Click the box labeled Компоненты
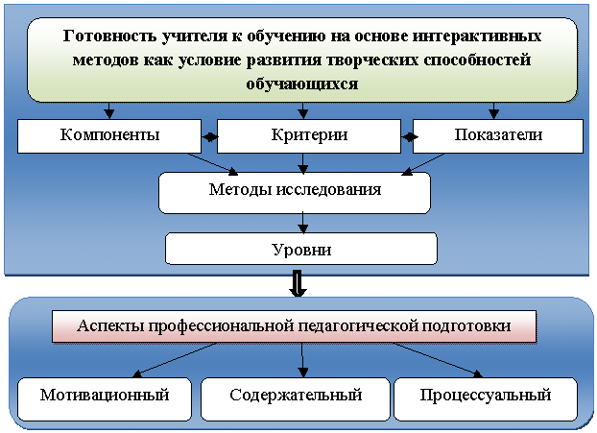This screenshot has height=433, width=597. pyautogui.click(x=109, y=136)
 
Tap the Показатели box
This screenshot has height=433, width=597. pyautogui.click(x=498, y=136)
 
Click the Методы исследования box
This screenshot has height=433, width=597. pyautogui.click(x=295, y=190)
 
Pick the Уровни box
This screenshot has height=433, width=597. pyautogui.click(x=300, y=250)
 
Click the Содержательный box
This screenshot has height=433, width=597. pyautogui.click(x=296, y=396)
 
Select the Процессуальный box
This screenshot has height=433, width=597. pyautogui.click(x=485, y=396)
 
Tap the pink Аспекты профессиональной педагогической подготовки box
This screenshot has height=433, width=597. pyautogui.click(x=293, y=326)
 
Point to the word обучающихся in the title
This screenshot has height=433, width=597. pyautogui.click(x=302, y=83)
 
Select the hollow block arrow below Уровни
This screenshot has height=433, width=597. pyautogui.click(x=298, y=282)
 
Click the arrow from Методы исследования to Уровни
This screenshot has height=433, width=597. pyautogui.click(x=303, y=224)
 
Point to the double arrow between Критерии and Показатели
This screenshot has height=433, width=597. pyautogui.click(x=411, y=136)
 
